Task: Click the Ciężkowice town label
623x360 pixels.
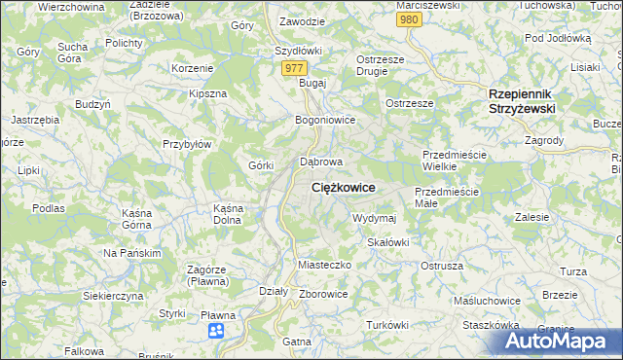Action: [x=343, y=186]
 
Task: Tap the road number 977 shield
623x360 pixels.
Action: [x=295, y=68]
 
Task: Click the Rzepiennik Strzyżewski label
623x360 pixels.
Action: [x=521, y=101]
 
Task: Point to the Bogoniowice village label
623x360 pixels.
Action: [x=325, y=120]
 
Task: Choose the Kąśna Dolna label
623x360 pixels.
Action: [x=227, y=214]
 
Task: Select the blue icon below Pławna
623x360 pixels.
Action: [x=216, y=332]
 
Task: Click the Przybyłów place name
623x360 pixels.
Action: [x=188, y=143]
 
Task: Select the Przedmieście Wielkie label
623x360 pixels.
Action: [x=454, y=161]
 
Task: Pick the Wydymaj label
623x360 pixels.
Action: [x=374, y=218]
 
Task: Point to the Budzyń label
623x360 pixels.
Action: [x=91, y=103]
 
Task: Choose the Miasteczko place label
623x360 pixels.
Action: [x=323, y=265]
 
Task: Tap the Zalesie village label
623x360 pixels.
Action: [x=533, y=216]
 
